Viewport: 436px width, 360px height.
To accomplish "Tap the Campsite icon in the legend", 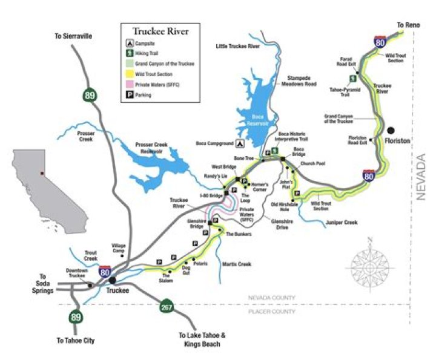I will (x=130, y=44).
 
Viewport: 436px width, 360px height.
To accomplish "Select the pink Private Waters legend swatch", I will (x=130, y=85).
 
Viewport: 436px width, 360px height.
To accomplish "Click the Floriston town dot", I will (x=392, y=129).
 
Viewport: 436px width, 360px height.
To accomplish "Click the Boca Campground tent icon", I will (x=240, y=144).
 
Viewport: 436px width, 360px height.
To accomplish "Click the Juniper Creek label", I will (x=343, y=222).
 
